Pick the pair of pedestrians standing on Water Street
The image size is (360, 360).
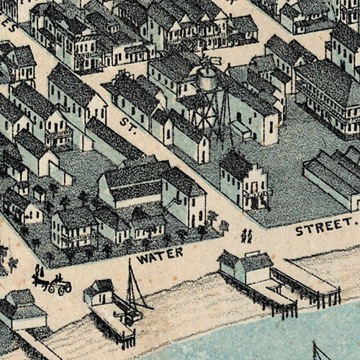pos(246,235)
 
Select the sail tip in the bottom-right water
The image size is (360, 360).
pos(318,351)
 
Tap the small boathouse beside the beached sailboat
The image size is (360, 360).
pos(98,292)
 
